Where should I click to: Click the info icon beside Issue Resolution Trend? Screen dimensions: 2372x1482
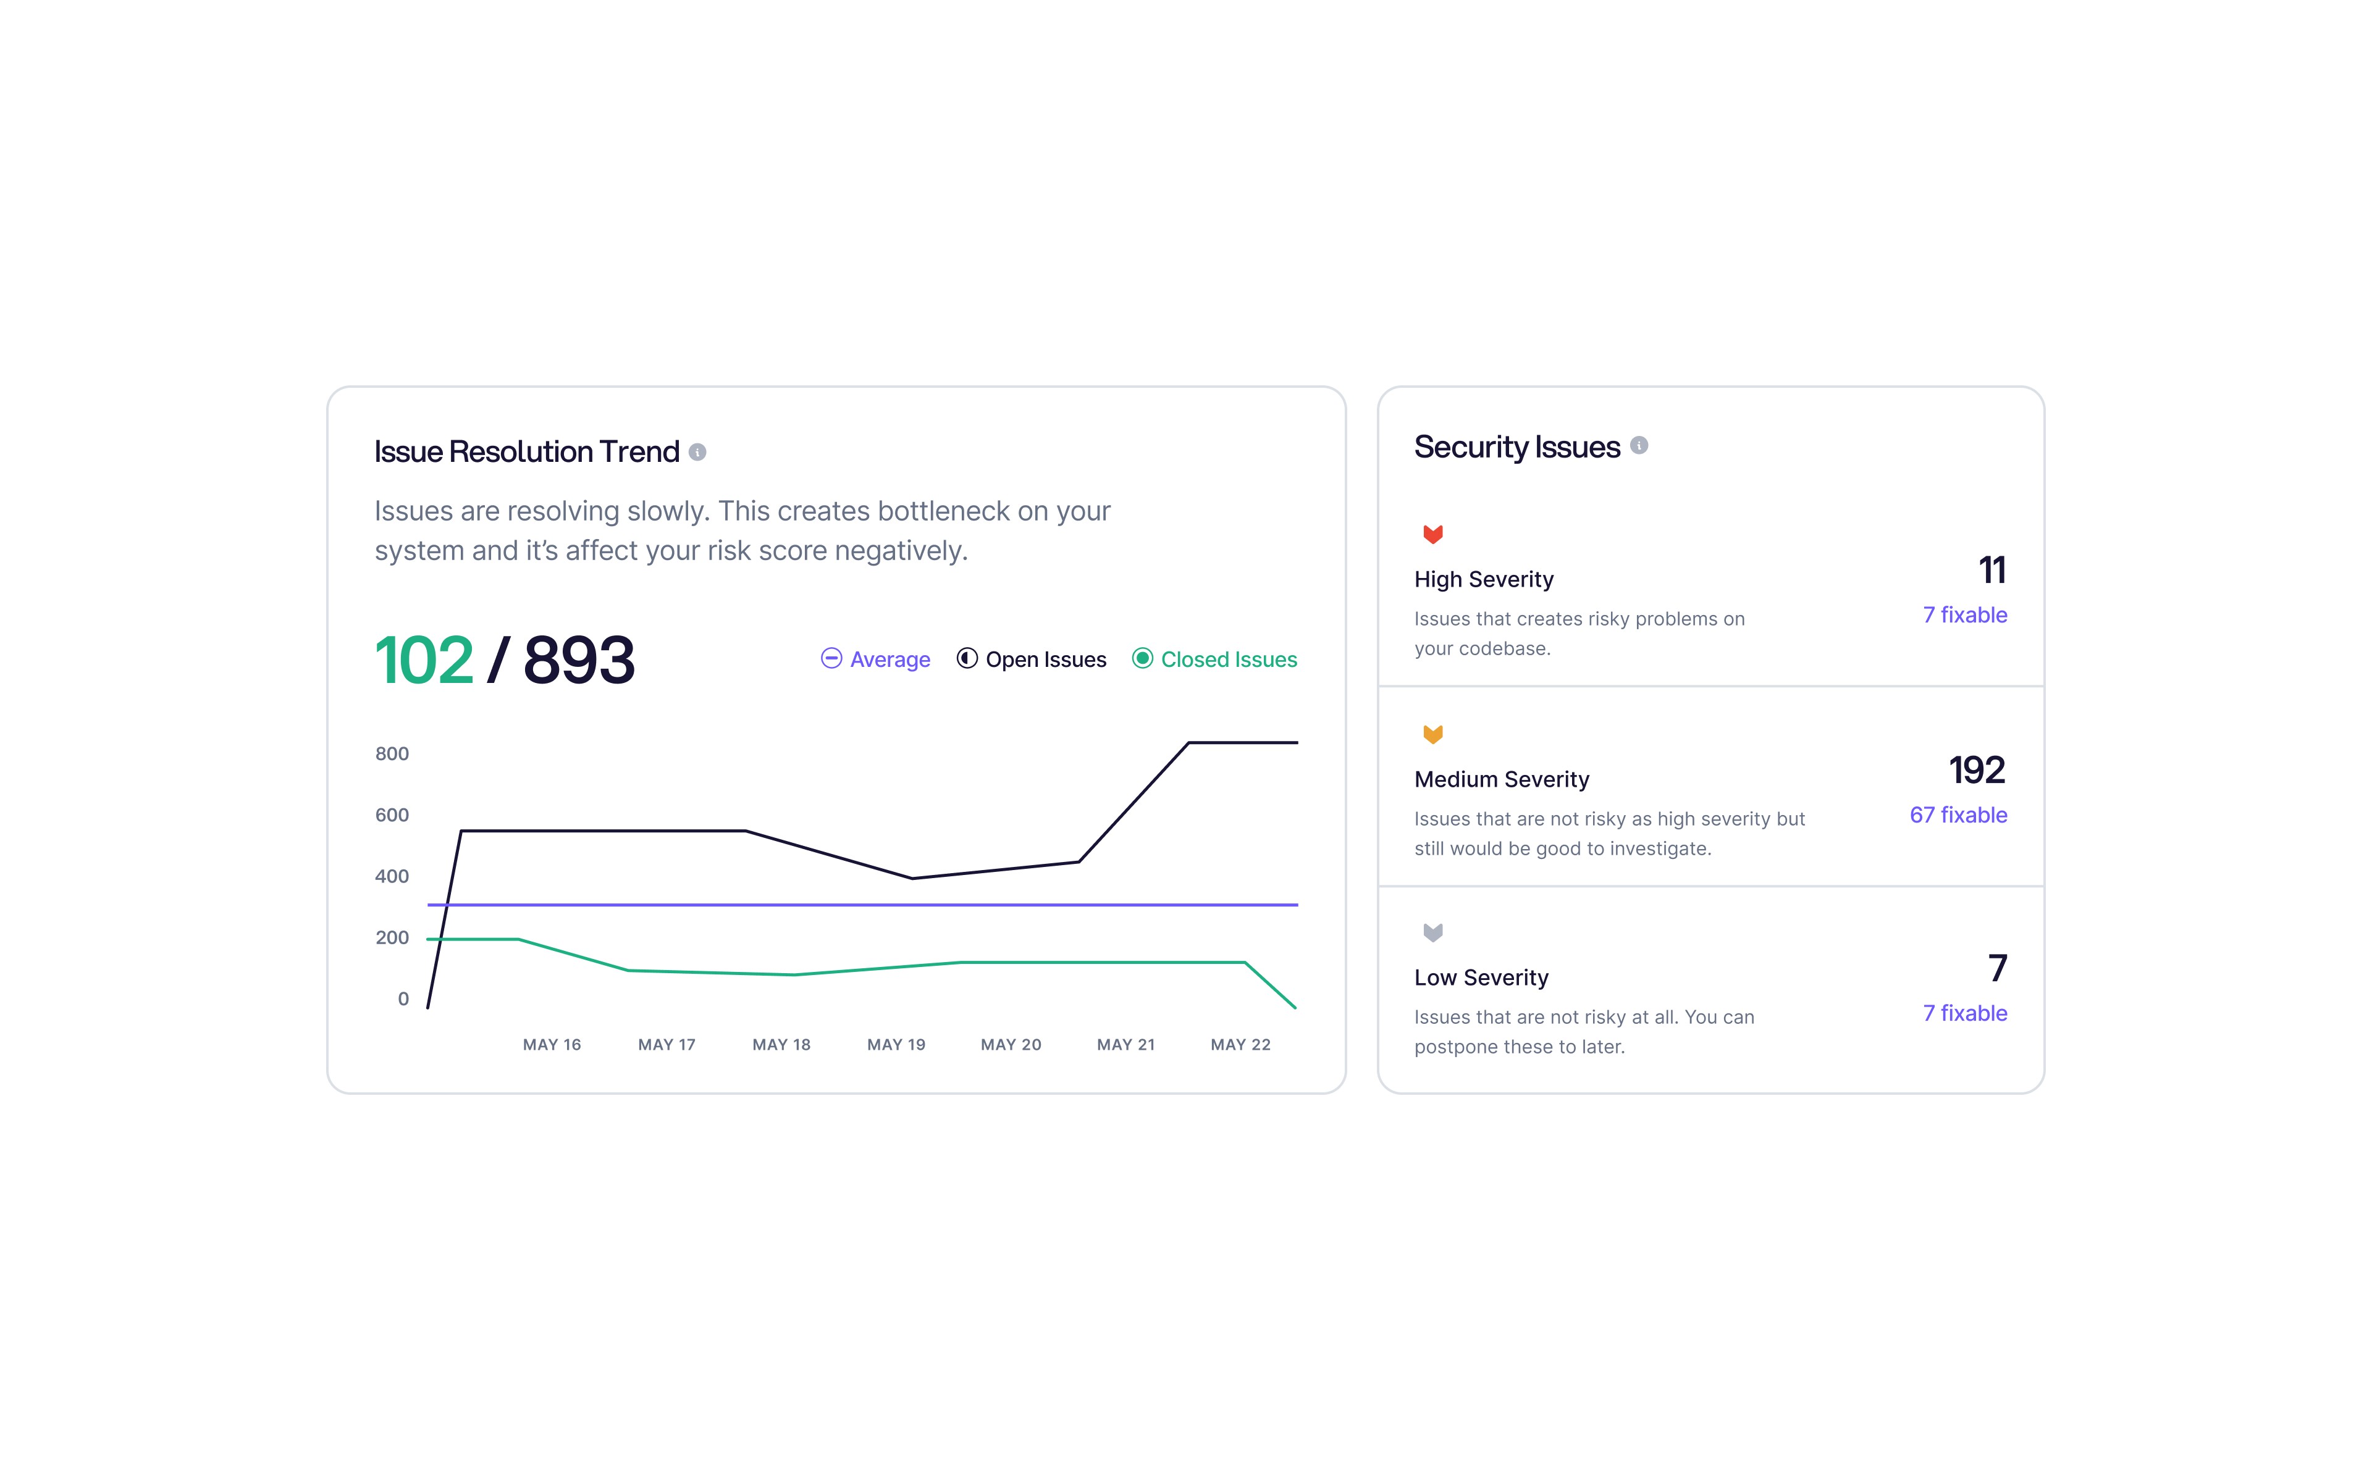click(x=697, y=452)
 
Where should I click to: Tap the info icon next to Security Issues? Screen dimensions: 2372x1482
click(x=1639, y=446)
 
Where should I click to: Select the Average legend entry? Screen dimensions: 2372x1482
click(x=875, y=659)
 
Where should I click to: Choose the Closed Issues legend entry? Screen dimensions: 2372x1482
click(x=1214, y=659)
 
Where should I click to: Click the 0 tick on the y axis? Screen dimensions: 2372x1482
click(x=403, y=998)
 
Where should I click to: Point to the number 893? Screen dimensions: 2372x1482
click(x=579, y=659)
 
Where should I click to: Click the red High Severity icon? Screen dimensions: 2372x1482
click(x=1433, y=534)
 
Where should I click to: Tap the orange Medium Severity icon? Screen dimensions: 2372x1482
click(x=1433, y=734)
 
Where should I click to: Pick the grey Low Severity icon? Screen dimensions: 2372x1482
click(x=1433, y=932)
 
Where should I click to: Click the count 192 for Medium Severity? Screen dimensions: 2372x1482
click(x=1977, y=771)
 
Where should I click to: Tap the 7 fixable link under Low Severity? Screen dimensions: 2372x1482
click(x=1965, y=1013)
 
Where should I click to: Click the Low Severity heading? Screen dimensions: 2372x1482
click(x=1481, y=978)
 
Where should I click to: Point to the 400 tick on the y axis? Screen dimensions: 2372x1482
click(x=392, y=876)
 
